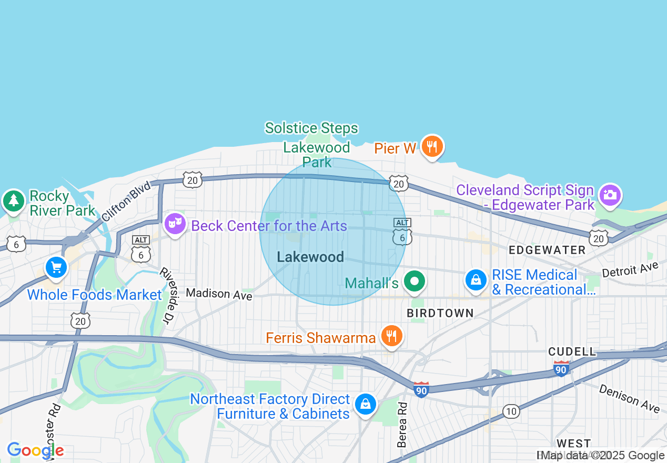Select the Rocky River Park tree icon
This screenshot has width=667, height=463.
14,200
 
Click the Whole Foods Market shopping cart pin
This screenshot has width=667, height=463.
56,268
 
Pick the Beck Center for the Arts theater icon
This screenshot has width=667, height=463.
175,224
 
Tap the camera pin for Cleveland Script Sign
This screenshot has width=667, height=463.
610,195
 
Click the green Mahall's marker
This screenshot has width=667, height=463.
415,281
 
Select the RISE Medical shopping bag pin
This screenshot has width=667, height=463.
476,279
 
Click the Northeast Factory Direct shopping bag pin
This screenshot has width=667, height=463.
365,404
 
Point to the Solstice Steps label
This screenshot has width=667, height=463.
311,128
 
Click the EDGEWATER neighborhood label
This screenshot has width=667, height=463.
547,250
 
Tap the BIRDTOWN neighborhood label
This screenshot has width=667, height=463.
440,313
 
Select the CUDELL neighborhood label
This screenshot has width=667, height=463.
572,351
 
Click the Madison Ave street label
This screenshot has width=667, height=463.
219,294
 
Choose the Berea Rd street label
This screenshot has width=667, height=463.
402,425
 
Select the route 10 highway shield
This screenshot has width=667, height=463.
511,411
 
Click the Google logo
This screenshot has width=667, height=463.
35,450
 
